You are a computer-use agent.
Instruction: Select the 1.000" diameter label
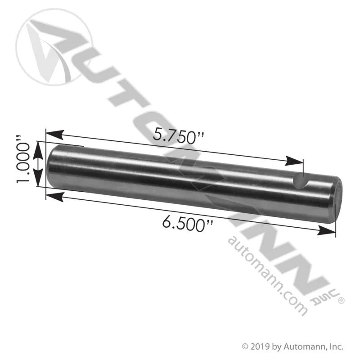pos(23,159)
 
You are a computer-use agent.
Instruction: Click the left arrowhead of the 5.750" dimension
pos(54,135)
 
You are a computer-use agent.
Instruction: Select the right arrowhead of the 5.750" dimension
pos(294,161)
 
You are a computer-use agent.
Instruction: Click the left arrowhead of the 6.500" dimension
pos(54,197)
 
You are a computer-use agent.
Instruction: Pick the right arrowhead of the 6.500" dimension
pos(326,230)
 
